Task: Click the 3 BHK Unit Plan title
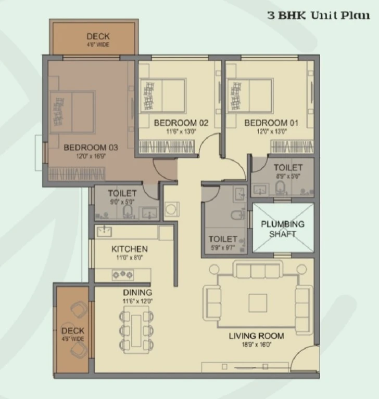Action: (319, 15)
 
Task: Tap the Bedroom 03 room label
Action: (91, 148)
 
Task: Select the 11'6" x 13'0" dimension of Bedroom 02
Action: (181, 131)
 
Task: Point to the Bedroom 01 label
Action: (271, 123)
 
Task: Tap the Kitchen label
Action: (130, 249)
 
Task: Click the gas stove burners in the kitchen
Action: (123, 274)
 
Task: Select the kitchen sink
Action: (104, 231)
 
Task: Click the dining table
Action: (136, 330)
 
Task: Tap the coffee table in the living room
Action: (258, 303)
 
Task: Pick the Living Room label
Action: (256, 336)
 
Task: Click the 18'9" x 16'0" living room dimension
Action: (257, 345)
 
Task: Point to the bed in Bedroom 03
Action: (72, 112)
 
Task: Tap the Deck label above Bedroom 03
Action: (98, 36)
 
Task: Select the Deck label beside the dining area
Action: (73, 331)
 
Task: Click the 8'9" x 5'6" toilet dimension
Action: (288, 176)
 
